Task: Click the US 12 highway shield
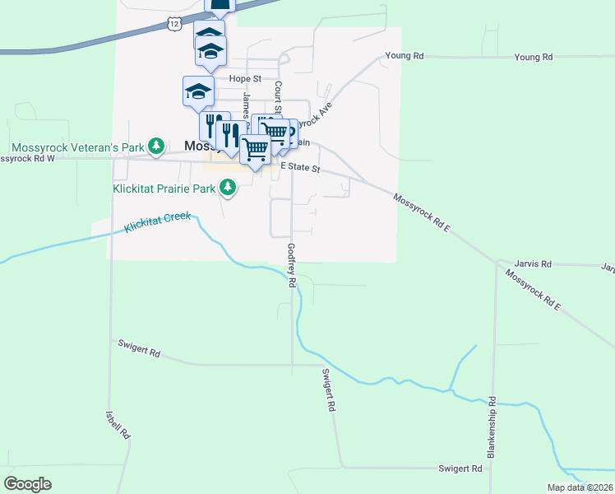pyautogui.click(x=173, y=24)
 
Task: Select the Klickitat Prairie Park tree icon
pyautogui.click(x=228, y=189)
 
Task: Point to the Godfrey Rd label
pyautogui.click(x=291, y=265)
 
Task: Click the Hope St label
pyautogui.click(x=244, y=79)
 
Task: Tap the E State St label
pyautogui.click(x=299, y=167)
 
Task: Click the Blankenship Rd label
pyautogui.click(x=492, y=427)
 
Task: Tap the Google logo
pyautogui.click(x=27, y=484)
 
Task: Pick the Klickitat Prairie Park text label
pyautogui.click(x=164, y=189)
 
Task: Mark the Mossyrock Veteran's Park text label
pyautogui.click(x=77, y=147)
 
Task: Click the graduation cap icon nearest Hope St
pyautogui.click(x=198, y=91)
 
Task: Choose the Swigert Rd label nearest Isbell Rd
pyautogui.click(x=137, y=349)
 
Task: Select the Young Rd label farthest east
pyautogui.click(x=534, y=57)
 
